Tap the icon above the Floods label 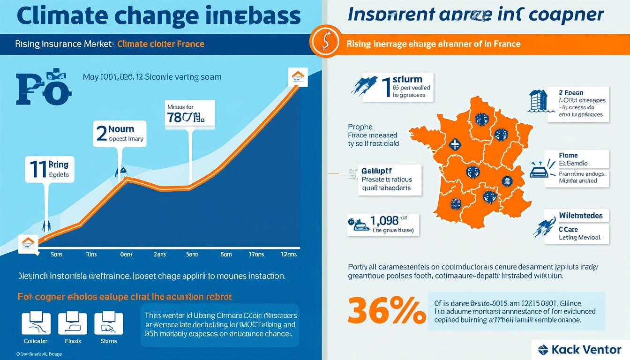[x=73, y=323]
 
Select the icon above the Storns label [x=109, y=323]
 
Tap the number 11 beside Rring [x=37, y=169]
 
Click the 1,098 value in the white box [x=384, y=220]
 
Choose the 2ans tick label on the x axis [x=160, y=255]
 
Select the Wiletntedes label [x=580, y=216]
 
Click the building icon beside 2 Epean [x=538, y=101]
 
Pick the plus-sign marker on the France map [x=454, y=143]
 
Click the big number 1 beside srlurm [x=386, y=87]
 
